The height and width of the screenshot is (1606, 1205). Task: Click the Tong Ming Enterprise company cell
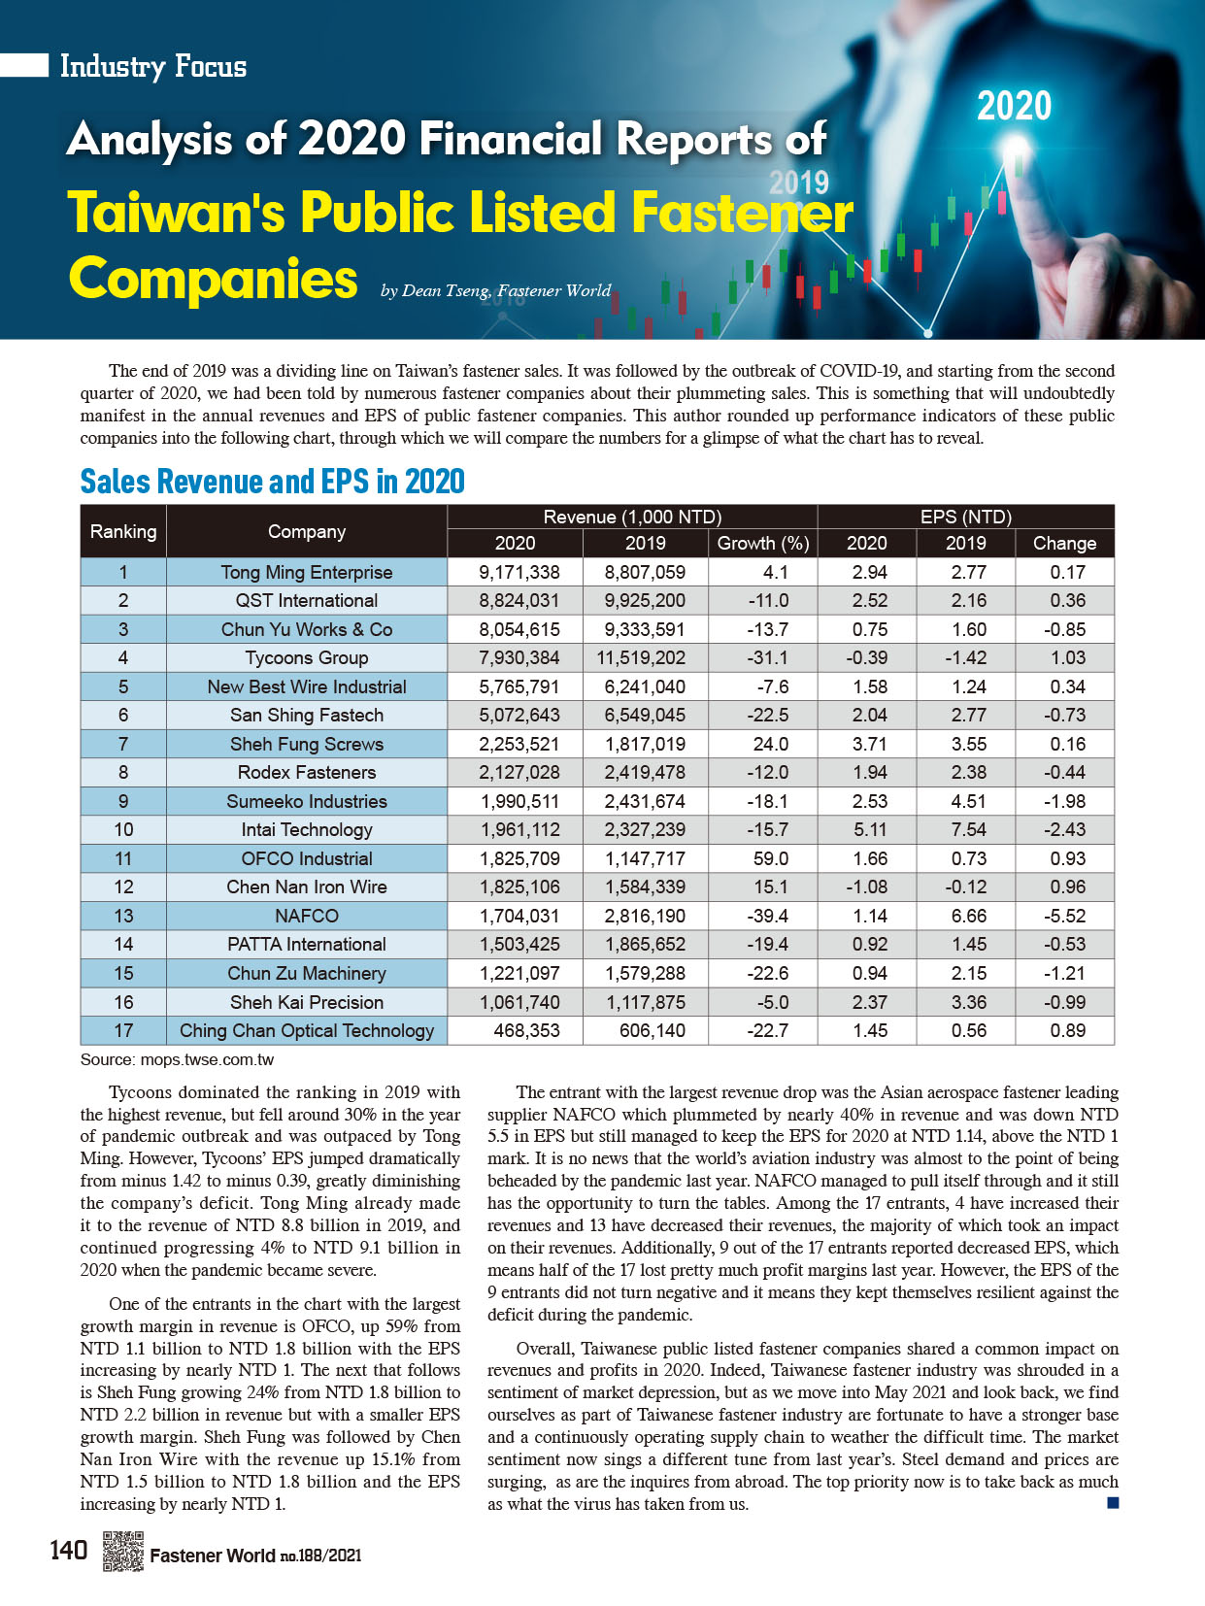pyautogui.click(x=306, y=573)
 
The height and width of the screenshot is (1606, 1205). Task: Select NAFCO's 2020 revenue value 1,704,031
pyautogui.click(x=519, y=916)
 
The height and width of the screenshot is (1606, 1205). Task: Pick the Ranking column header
pyautogui.click(x=123, y=531)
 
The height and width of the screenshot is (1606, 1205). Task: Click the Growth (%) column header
pyautogui.click(x=762, y=544)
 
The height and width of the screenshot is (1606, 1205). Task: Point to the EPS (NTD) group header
pyautogui.click(x=965, y=517)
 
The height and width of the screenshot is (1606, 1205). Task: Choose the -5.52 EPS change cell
pyautogui.click(x=1064, y=916)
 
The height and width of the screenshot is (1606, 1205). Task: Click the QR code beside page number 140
pyautogui.click(x=123, y=1551)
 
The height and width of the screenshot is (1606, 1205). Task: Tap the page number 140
pyautogui.click(x=68, y=1551)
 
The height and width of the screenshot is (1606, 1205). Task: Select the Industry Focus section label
pyautogui.click(x=153, y=66)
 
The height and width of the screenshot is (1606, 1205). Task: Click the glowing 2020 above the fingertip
pyautogui.click(x=1014, y=106)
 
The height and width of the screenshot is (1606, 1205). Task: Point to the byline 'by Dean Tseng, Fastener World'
pyautogui.click(x=495, y=290)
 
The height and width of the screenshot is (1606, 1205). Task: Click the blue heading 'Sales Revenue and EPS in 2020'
pyautogui.click(x=272, y=482)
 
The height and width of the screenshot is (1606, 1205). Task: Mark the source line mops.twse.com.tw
pyautogui.click(x=177, y=1059)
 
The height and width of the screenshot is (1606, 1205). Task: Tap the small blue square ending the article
pyautogui.click(x=1113, y=1503)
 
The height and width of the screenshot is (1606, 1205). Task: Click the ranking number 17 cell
pyautogui.click(x=123, y=1030)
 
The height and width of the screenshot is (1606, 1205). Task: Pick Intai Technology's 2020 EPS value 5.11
pyautogui.click(x=867, y=830)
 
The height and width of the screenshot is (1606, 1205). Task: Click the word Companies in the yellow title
pyautogui.click(x=214, y=279)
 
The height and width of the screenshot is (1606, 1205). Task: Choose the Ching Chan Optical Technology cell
pyautogui.click(x=306, y=1030)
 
